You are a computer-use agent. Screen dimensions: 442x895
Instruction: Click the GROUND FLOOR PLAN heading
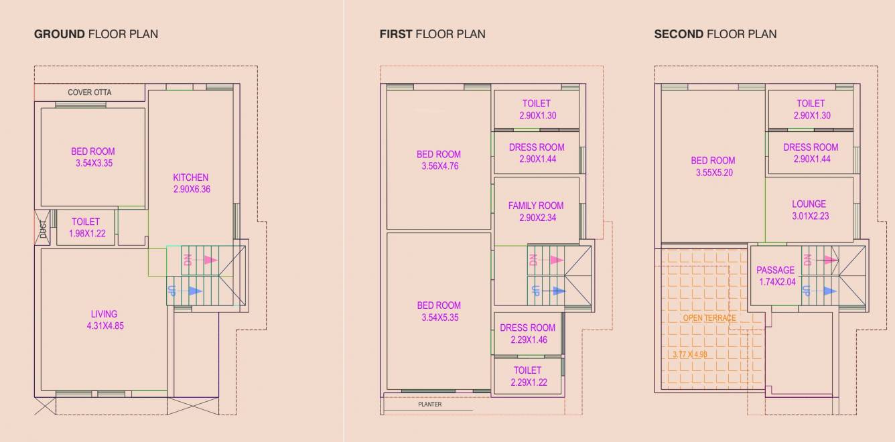[x=96, y=33]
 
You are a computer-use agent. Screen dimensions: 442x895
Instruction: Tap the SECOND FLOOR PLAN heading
[x=715, y=33]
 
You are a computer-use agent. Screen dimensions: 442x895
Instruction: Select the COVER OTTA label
[x=90, y=92]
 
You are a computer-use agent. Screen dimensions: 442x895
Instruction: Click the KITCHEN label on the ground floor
[x=191, y=177]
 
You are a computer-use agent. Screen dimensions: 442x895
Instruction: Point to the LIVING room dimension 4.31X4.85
[x=104, y=326]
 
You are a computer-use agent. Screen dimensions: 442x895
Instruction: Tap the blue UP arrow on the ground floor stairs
[x=194, y=291]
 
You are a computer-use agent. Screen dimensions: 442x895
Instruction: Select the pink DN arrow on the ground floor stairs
[x=209, y=260]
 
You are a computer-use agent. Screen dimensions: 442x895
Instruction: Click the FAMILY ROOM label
[x=536, y=206]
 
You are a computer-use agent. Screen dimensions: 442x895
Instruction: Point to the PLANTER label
[x=430, y=404]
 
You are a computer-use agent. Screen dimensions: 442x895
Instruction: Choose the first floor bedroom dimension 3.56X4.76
[x=439, y=166]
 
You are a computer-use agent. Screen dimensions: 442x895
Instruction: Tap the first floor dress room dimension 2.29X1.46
[x=527, y=340]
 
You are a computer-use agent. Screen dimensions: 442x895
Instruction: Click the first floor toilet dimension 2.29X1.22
[x=527, y=382]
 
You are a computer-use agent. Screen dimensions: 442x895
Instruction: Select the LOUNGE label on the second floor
[x=809, y=204]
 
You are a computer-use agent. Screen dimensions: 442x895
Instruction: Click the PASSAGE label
[x=775, y=270]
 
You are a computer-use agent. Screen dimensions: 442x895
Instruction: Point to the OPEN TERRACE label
[x=709, y=318]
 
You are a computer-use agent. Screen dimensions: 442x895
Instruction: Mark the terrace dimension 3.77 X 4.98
[x=689, y=354]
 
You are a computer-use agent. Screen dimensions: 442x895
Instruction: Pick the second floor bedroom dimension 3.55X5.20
[x=713, y=172]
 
